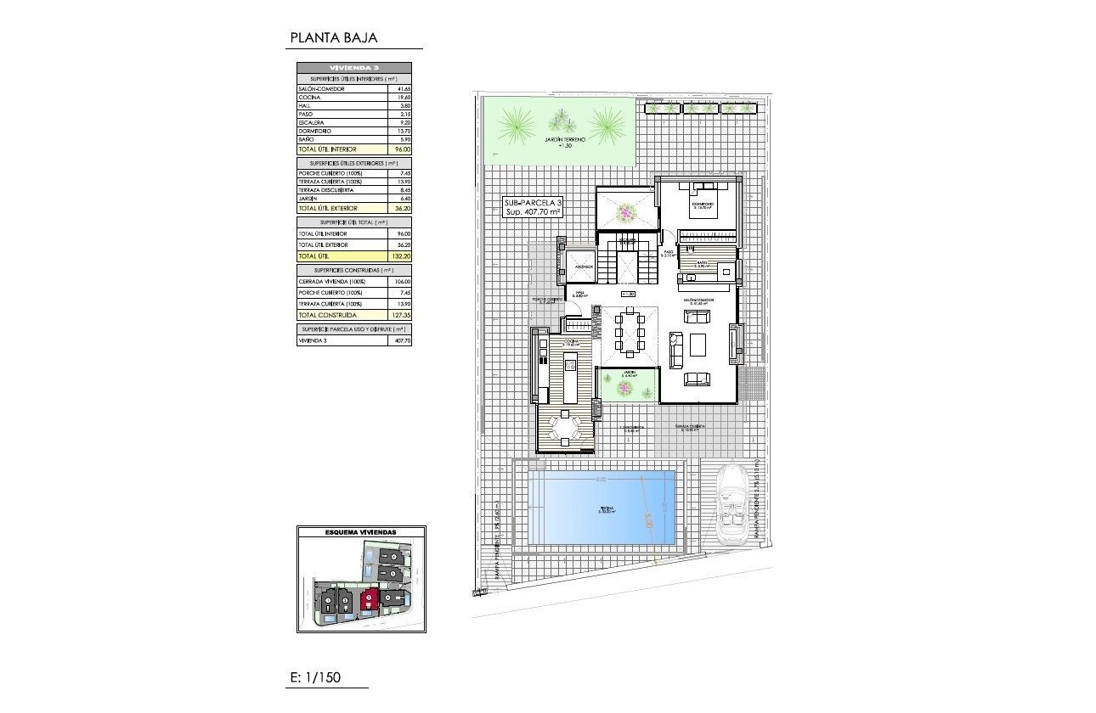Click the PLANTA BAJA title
[333, 37]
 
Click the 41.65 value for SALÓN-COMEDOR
[402, 88]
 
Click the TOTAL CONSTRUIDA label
[326, 315]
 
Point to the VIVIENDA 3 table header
[353, 67]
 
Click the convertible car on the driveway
[732, 506]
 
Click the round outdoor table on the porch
[565, 427]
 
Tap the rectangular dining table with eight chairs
[630, 331]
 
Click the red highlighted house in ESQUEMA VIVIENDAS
[369, 601]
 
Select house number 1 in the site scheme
[327, 602]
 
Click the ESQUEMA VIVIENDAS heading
[361, 532]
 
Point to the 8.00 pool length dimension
[602, 480]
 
